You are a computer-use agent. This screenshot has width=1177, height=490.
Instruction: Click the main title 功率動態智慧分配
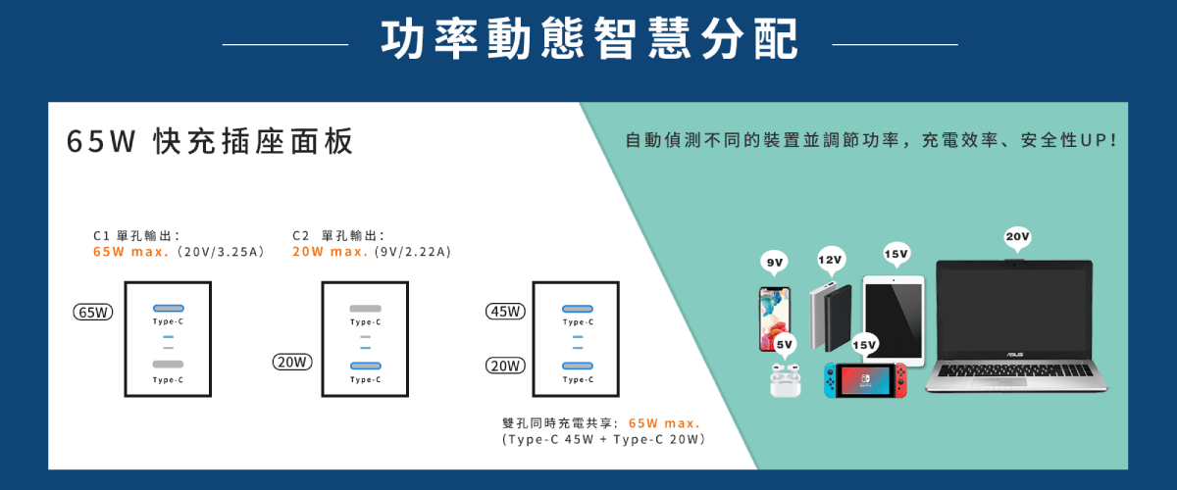tap(589, 41)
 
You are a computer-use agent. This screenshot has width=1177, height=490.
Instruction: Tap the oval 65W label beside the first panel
tap(94, 313)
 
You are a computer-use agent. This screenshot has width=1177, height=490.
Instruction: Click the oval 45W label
tap(506, 313)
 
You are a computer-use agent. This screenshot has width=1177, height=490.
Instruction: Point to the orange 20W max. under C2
tap(331, 252)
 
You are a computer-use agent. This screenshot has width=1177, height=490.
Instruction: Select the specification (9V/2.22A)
tap(413, 252)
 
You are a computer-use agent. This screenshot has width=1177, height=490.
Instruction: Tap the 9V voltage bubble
tap(775, 262)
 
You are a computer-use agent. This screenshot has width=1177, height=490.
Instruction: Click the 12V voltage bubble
tap(831, 260)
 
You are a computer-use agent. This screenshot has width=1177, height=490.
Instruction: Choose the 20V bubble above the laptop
tap(1017, 237)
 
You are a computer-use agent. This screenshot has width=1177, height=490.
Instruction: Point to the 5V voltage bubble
tap(785, 345)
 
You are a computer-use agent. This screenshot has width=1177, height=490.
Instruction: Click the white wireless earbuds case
tap(785, 381)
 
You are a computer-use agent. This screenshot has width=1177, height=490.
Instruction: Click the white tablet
tap(893, 314)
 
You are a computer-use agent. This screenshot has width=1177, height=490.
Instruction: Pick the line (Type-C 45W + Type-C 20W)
tap(603, 441)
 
